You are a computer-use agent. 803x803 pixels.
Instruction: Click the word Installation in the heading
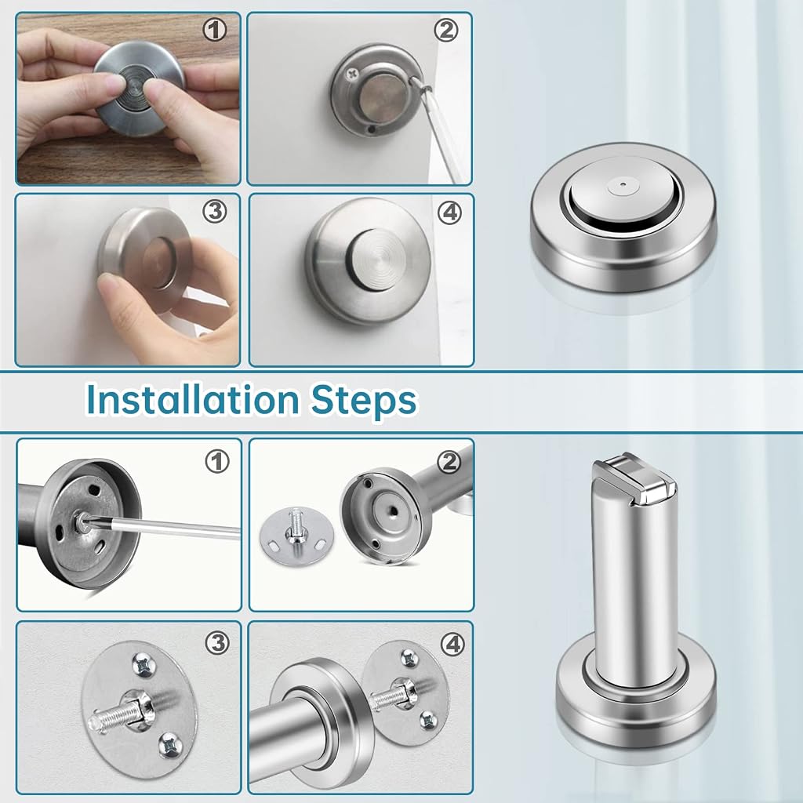[193, 399]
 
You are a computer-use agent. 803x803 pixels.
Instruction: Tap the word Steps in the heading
[364, 401]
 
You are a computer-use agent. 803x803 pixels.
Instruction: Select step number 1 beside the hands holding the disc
[215, 31]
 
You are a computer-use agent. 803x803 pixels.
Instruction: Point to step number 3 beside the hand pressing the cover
[215, 211]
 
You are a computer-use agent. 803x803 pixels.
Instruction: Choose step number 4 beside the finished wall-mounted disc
[449, 212]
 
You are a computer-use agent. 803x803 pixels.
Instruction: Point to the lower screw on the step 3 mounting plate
[170, 744]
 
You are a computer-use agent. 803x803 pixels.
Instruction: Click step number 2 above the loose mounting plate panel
[449, 463]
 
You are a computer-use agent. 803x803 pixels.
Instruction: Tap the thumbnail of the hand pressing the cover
[128, 280]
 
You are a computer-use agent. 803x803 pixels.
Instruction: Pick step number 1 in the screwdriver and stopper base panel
[217, 462]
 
